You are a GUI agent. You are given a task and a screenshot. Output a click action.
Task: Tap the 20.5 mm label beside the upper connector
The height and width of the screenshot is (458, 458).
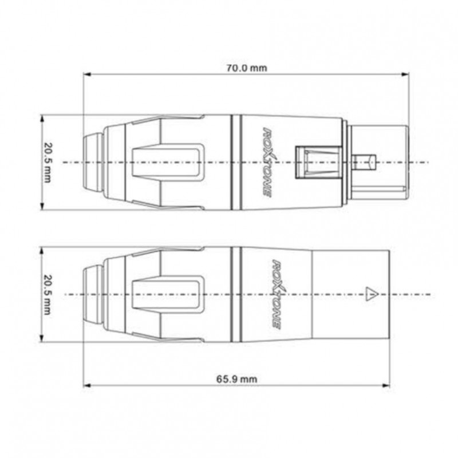point(47,162)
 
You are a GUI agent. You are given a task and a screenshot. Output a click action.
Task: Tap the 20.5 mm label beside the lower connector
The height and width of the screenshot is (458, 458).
point(47,295)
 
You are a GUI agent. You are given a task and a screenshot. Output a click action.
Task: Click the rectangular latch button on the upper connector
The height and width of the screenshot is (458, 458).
point(309,162)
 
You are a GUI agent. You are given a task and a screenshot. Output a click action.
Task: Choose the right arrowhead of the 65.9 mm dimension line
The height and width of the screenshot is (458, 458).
point(388,385)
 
